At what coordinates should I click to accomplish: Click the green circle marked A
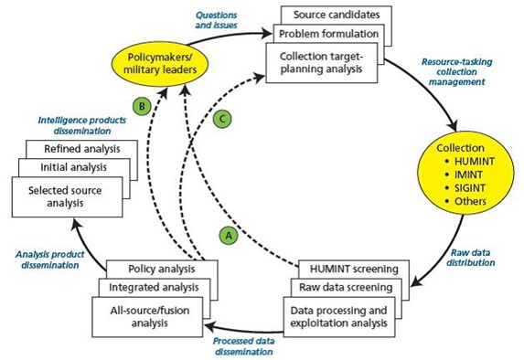(229, 236)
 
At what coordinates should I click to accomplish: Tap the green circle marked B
(142, 107)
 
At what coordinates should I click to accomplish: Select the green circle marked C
(222, 119)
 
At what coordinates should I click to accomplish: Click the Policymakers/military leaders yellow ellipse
(160, 64)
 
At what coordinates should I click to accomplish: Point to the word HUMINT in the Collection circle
(475, 162)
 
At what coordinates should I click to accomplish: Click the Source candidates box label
(337, 15)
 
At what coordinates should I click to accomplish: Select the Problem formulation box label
(328, 34)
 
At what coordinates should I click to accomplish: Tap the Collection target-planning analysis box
(322, 63)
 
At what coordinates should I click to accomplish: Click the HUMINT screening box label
(354, 269)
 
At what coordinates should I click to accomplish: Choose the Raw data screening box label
(346, 287)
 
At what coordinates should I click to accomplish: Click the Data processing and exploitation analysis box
(339, 317)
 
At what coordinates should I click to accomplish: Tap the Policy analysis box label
(162, 269)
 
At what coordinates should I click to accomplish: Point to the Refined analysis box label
(82, 149)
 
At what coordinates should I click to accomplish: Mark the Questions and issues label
(216, 20)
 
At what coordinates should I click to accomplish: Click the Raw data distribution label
(471, 258)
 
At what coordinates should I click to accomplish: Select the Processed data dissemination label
(244, 346)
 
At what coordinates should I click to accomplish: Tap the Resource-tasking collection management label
(457, 72)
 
